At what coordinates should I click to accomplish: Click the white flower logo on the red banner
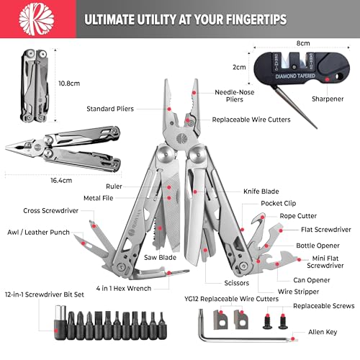(37, 19)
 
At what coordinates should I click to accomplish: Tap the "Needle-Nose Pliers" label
(235, 96)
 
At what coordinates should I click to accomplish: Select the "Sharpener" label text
(328, 99)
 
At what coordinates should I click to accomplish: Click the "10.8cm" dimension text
(69, 84)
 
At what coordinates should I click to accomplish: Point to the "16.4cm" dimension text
(61, 181)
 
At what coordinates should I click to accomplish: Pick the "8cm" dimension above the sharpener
(303, 43)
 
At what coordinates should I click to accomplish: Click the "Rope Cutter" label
(298, 216)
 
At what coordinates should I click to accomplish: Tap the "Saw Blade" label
(160, 258)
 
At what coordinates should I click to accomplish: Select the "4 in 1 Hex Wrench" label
(124, 288)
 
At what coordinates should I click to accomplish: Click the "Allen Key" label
(323, 332)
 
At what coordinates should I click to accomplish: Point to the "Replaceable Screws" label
(324, 306)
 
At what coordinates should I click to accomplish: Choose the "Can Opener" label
(312, 280)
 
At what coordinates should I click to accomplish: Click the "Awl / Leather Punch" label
(38, 233)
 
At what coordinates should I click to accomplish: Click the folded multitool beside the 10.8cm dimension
(35, 86)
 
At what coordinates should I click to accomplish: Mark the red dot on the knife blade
(195, 192)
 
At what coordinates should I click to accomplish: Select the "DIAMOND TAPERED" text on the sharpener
(295, 76)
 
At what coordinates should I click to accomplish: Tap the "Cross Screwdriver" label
(50, 211)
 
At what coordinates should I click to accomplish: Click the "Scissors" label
(236, 283)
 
